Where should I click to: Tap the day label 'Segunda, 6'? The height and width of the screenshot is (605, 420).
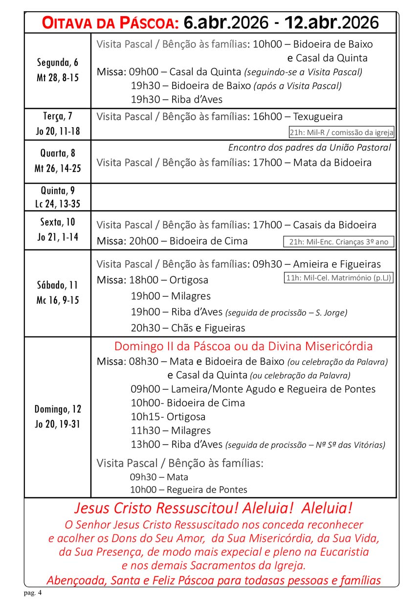(58, 62)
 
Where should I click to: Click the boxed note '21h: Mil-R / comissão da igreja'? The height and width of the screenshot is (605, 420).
(341, 133)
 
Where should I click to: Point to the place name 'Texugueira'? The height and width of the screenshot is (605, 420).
(318, 116)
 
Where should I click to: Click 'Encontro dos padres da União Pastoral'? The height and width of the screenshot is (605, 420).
(309, 147)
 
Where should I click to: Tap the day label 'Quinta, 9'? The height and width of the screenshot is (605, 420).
(58, 190)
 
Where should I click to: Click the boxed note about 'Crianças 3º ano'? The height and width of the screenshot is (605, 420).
(338, 242)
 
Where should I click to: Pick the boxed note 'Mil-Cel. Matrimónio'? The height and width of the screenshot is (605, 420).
(339, 278)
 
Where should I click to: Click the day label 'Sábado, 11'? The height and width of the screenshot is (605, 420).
(57, 285)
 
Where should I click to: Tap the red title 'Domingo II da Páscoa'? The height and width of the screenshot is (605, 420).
(243, 346)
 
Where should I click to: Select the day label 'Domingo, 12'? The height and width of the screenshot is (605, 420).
(58, 409)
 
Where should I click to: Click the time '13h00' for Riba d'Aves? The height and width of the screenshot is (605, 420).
(145, 444)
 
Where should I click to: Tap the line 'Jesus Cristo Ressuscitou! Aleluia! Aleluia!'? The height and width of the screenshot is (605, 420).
(212, 508)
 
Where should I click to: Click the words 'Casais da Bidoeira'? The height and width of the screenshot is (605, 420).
(334, 225)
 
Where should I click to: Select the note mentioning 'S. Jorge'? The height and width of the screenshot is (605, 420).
(286, 313)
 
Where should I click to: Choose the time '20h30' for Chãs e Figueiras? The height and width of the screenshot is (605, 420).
(145, 328)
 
